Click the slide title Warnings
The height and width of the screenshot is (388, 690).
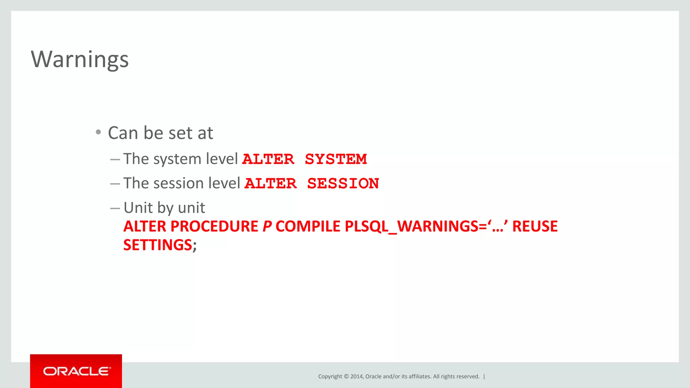(80, 59)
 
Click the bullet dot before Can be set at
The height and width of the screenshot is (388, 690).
(98, 132)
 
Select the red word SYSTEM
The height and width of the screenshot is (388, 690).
(336, 159)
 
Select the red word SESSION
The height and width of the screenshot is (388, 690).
(343, 184)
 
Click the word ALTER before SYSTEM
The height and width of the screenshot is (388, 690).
(268, 159)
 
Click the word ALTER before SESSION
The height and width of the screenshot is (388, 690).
(271, 184)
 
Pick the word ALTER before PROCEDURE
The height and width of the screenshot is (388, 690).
(145, 226)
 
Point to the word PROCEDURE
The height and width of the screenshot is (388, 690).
(214, 226)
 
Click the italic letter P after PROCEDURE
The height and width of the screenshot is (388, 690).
(267, 226)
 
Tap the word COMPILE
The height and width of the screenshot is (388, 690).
(308, 226)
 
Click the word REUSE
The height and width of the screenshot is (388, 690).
(535, 226)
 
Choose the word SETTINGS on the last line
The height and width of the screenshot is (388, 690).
(158, 245)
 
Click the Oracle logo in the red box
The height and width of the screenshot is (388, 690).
(76, 371)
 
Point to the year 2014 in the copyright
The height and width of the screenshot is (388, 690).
(356, 377)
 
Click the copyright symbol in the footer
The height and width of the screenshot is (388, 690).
(346, 377)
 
